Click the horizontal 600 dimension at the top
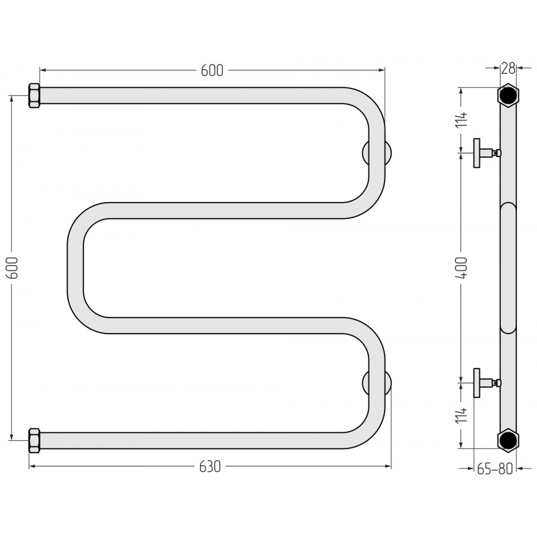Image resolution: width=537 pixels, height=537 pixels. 212,70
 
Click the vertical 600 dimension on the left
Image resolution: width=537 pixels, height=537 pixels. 13,267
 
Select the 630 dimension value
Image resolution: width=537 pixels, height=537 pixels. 210,467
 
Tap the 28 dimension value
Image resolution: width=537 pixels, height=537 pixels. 508,68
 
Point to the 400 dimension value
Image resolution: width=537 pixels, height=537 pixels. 461,267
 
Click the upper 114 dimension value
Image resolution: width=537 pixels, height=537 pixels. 461,119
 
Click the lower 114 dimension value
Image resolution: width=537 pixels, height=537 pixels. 461,415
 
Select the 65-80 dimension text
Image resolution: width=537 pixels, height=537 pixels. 495,469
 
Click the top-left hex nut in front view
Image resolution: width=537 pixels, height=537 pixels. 34,95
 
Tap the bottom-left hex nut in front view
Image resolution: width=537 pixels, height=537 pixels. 34,440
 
